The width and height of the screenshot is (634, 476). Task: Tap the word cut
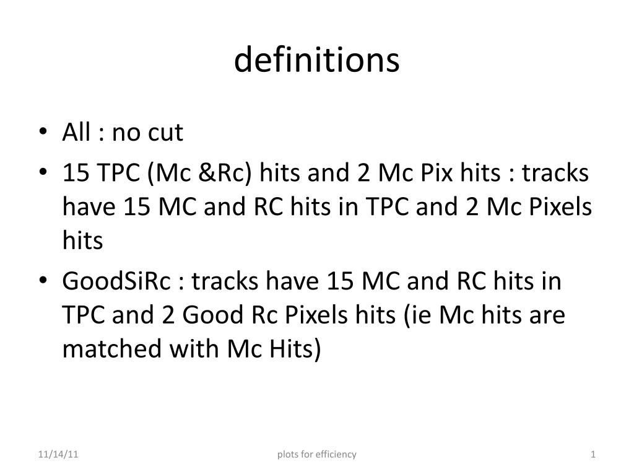click(165, 132)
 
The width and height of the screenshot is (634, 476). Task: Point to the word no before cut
click(126, 132)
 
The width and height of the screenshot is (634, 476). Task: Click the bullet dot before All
click(42, 133)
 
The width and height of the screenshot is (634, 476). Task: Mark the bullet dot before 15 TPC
click(42, 174)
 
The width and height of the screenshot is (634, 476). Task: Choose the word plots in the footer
click(287, 454)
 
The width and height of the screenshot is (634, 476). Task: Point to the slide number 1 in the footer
click(593, 454)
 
